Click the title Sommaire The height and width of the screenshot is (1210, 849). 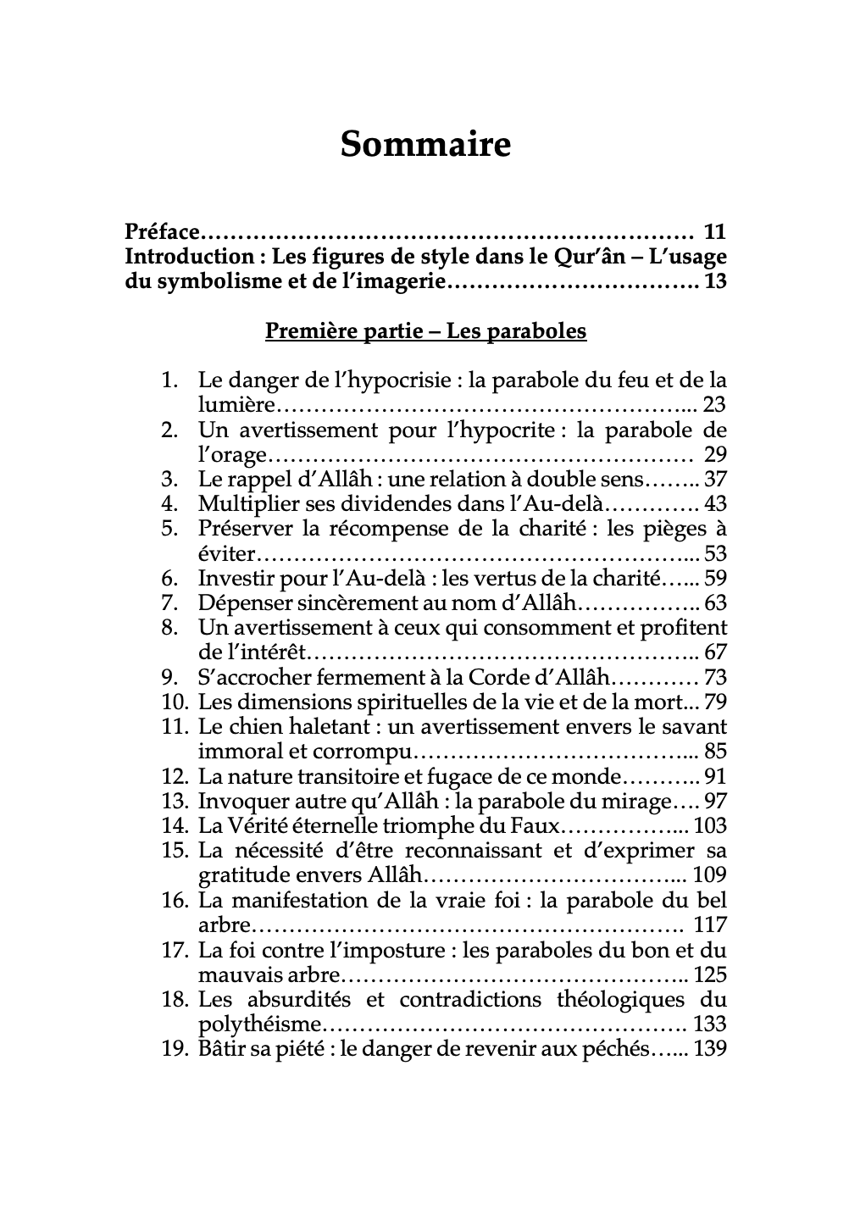tap(425, 145)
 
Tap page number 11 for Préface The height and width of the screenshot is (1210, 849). tap(714, 231)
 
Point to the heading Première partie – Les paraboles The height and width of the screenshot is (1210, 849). tap(425, 330)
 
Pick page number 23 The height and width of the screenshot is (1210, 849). tap(714, 405)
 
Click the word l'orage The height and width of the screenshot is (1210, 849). tap(232, 455)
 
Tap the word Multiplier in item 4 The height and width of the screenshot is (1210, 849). tap(246, 504)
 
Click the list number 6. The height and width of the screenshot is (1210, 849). tap(169, 579)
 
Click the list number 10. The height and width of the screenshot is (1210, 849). tap(174, 702)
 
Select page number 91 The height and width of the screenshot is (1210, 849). tap(714, 777)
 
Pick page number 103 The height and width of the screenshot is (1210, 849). tap(710, 826)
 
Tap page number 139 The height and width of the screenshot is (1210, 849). tap(710, 1049)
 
